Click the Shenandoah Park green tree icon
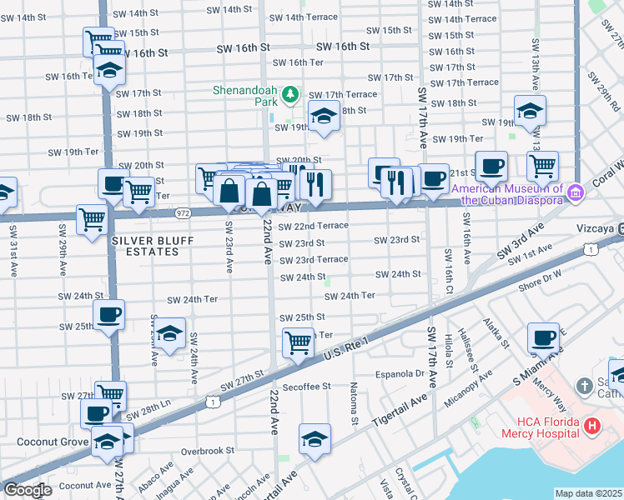coord(290,95)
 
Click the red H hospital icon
coord(592,427)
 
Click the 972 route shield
coord(183,213)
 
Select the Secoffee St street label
coord(306,387)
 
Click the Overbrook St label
coord(209,451)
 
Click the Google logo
coord(27,490)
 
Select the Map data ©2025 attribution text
coord(588,493)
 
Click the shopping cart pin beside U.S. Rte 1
coord(298,342)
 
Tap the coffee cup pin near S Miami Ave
coord(544,338)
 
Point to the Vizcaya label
coord(598,227)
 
